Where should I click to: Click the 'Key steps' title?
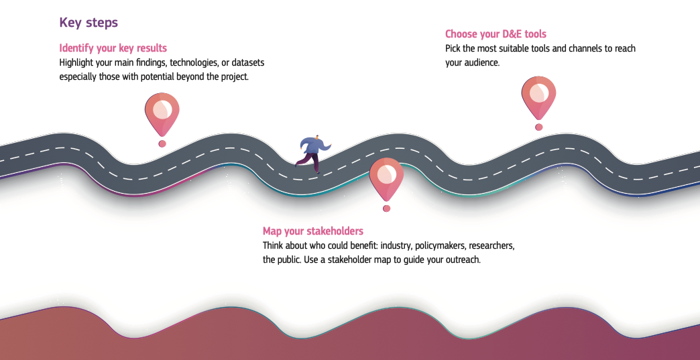(89, 23)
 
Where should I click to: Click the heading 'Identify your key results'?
(113, 48)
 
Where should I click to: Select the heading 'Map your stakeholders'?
(312, 231)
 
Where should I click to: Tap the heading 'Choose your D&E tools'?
(495, 34)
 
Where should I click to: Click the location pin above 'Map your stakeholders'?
(386, 178)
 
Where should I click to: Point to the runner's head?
(317, 137)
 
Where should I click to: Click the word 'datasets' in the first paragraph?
(247, 62)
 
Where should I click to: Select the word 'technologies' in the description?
(196, 62)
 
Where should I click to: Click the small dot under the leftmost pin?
(162, 143)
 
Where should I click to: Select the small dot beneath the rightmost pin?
(538, 127)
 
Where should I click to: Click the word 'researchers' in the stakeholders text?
(491, 245)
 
